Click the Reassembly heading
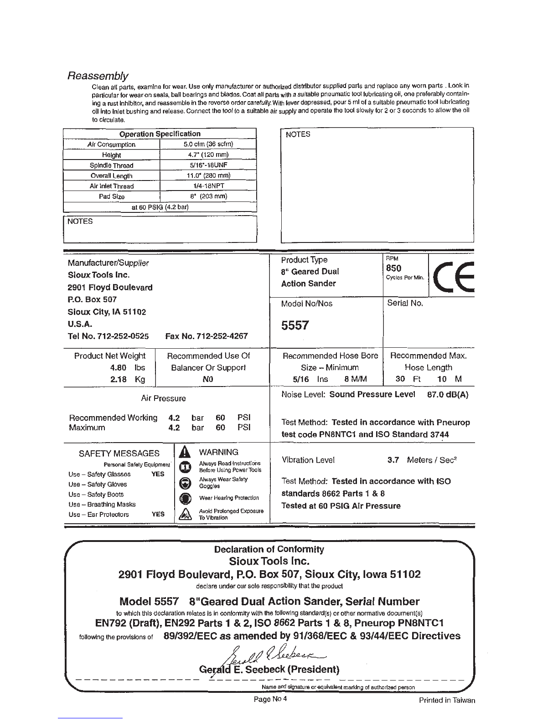[x=98, y=76]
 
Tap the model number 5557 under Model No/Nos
[x=295, y=325]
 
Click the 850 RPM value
[x=393, y=268]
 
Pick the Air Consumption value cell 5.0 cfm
[x=208, y=144]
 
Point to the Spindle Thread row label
[x=111, y=165]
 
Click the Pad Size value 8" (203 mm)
[x=208, y=196]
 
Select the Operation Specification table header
[x=160, y=134]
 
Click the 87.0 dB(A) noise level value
[x=448, y=394]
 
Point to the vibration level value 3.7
[x=393, y=460]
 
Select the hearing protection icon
[x=185, y=498]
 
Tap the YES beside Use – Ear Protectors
[x=158, y=514]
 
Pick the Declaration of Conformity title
[x=269, y=549]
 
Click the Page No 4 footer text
[x=270, y=699]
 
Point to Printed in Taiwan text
[x=447, y=701]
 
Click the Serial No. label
[x=405, y=303]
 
